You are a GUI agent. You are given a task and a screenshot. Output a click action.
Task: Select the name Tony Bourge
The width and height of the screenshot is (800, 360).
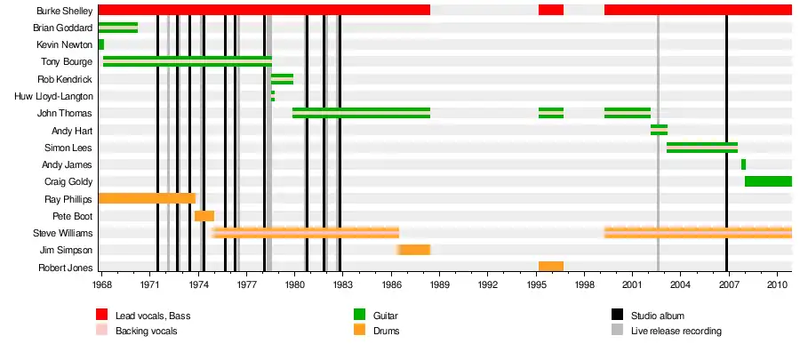pos(67,62)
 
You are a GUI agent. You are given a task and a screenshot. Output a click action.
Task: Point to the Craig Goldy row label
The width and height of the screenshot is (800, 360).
pos(68,182)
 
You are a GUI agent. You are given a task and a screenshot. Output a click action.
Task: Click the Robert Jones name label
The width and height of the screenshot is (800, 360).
pos(66,268)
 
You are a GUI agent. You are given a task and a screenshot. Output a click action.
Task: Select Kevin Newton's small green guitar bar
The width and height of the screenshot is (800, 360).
pos(101,44)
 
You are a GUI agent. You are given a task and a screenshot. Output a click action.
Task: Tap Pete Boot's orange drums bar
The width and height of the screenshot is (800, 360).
pos(204,216)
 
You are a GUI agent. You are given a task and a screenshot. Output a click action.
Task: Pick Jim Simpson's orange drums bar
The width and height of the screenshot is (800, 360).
pos(414,250)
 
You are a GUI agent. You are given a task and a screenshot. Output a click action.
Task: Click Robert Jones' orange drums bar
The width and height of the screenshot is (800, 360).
pos(550,267)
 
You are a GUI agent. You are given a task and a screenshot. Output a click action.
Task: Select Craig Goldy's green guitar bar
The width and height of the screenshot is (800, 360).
pos(768,181)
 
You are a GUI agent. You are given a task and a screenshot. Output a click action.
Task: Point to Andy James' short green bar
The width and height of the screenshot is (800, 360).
pos(743,164)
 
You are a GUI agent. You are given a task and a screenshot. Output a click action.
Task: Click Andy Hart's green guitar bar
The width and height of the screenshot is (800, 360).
pos(659,130)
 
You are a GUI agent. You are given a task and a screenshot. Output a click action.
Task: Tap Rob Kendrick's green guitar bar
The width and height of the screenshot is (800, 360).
pos(282,79)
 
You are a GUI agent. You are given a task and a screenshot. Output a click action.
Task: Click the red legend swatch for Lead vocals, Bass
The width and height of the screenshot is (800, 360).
pos(102,315)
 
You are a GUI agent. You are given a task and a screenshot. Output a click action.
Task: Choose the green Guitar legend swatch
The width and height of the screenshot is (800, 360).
pos(360,315)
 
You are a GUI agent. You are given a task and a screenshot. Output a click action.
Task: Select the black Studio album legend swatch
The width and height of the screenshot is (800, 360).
pos(618,315)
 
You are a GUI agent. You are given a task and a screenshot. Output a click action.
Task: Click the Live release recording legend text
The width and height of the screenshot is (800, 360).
pos(676,332)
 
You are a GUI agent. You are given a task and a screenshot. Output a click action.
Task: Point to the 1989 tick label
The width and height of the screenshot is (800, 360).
pos(440,285)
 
